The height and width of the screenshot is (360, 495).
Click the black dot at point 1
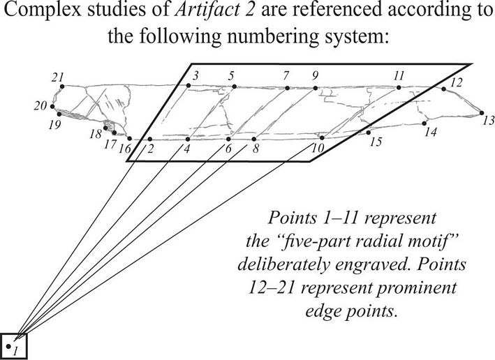[8, 345]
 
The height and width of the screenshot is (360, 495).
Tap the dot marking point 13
[481, 112]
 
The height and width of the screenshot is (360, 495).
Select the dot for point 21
[61, 86]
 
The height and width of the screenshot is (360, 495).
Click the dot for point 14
[425, 123]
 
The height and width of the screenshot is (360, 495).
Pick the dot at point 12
[443, 89]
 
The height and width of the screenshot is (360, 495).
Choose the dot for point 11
[399, 88]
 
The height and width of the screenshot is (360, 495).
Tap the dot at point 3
[189, 87]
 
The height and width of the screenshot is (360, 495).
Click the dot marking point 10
[321, 138]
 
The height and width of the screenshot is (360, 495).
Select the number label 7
[286, 75]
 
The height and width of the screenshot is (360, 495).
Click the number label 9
[316, 75]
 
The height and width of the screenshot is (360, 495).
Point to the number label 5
[232, 75]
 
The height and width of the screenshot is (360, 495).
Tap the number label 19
[54, 125]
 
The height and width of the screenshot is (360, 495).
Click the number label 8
[256, 149]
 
